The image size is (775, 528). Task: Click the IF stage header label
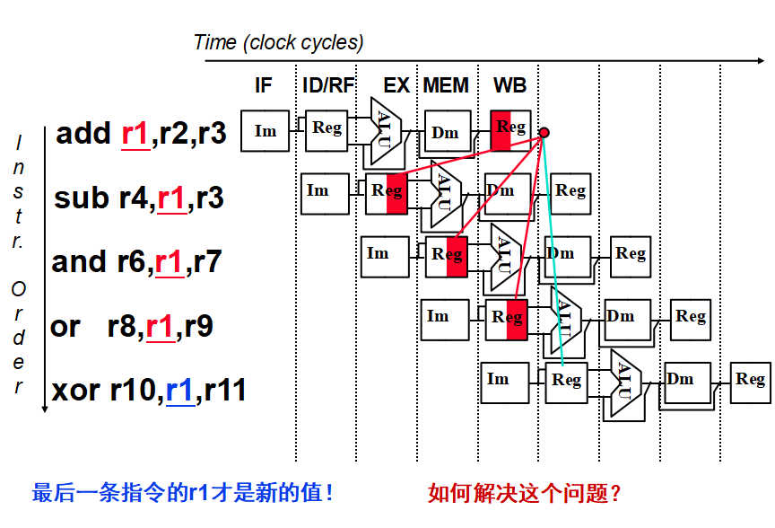[264, 86]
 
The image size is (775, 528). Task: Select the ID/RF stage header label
[328, 86]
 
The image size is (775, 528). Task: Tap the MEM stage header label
[446, 86]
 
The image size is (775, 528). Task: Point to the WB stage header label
[509, 86]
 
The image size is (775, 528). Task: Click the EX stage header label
[396, 86]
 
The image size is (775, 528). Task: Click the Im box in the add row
[266, 131]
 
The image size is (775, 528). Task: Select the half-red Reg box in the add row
[511, 129]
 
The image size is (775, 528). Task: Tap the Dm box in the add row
[446, 133]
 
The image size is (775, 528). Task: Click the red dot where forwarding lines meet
[544, 132]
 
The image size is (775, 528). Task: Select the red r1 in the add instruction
[135, 134]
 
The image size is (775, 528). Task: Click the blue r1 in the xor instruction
[179, 391]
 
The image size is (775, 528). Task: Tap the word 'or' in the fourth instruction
[65, 327]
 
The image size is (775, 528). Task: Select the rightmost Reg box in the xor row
[750, 381]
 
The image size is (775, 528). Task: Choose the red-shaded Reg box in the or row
[507, 319]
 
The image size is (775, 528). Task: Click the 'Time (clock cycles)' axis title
[279, 42]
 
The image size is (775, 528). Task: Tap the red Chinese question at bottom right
[525, 492]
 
